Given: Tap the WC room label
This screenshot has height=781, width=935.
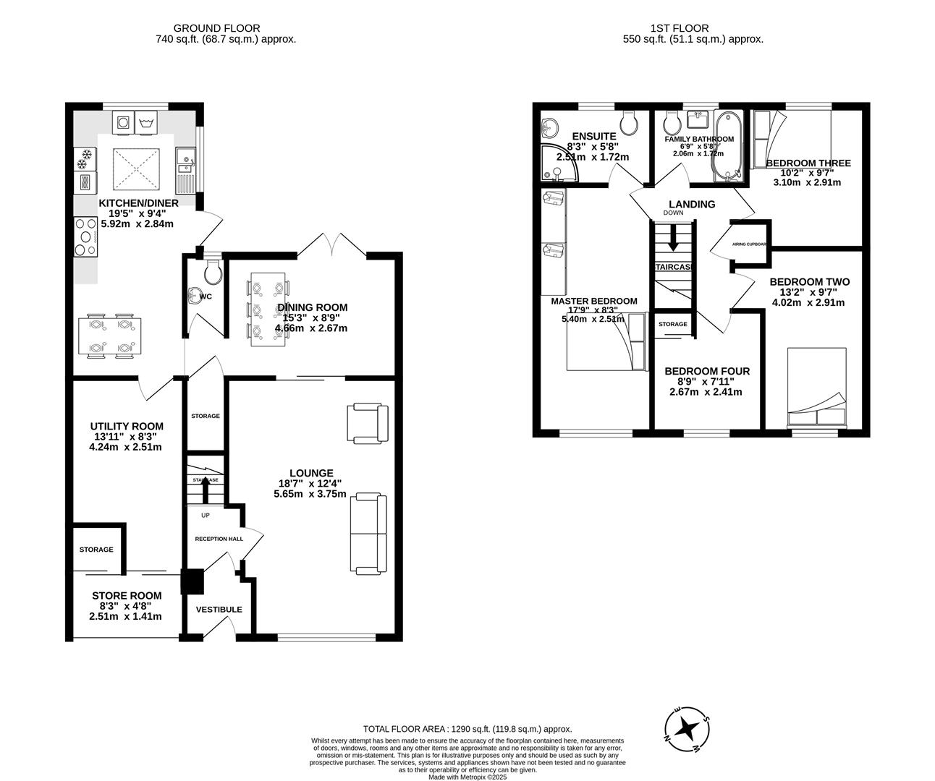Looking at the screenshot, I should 205,296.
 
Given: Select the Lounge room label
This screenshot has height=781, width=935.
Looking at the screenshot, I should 311,473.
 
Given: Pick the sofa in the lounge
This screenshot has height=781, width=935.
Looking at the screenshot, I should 368,533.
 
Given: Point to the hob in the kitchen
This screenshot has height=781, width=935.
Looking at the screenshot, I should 85,236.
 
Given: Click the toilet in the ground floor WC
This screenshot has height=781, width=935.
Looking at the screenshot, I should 213,272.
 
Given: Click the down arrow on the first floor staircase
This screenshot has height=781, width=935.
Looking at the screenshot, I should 673,238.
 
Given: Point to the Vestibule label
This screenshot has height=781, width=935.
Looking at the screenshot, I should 219,610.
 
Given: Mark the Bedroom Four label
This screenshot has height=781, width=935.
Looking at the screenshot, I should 707,371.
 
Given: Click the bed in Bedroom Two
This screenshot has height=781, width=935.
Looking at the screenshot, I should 816,388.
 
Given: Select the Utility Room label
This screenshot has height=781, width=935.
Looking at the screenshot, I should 127,426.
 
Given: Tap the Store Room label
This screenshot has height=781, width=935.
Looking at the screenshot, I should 127,596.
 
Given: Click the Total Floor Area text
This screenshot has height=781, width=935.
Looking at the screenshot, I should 467,730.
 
